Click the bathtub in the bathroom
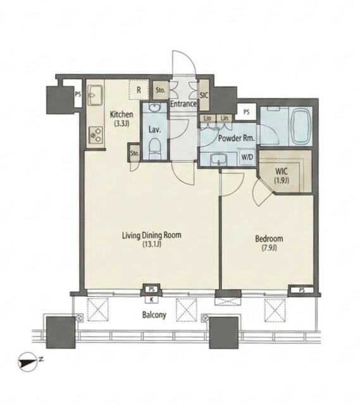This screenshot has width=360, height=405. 300,127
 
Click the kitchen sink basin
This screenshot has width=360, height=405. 95,94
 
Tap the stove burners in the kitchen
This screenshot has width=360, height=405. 96,135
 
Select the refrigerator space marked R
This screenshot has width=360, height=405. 139,90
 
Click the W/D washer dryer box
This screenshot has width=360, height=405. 247,157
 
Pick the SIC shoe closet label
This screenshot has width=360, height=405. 204,95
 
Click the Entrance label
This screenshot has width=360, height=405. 183,104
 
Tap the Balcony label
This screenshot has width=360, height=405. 154,315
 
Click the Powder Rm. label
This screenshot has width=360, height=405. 237,138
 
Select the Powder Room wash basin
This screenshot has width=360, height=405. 218,161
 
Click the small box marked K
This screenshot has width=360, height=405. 152,299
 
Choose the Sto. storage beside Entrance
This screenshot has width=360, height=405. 160,90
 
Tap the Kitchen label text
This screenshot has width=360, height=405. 121,118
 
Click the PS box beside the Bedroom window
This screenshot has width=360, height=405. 301,290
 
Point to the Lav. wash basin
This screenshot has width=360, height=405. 154,107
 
